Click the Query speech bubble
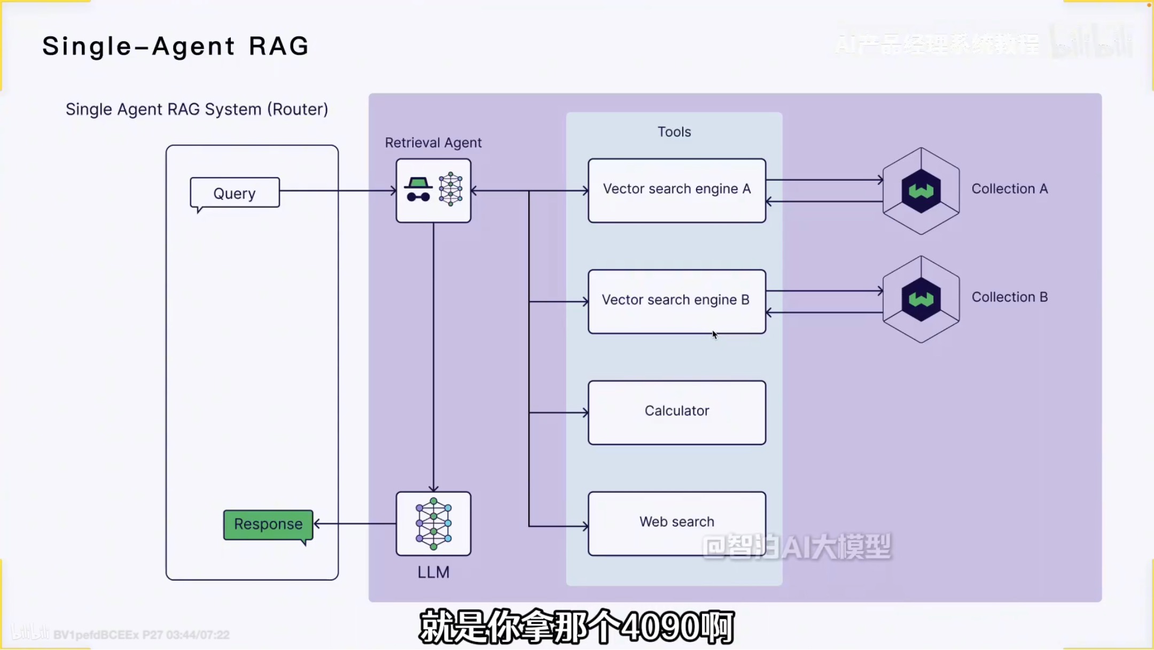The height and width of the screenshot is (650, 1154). pyautogui.click(x=235, y=193)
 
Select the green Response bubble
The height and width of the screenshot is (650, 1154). pyautogui.click(x=268, y=524)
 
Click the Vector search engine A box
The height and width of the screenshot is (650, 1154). pyautogui.click(x=677, y=190)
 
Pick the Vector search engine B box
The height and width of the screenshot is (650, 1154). pyautogui.click(x=677, y=301)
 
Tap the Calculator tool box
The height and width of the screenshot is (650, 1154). pyautogui.click(x=677, y=412)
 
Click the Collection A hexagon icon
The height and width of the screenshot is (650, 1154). pyautogui.click(x=921, y=191)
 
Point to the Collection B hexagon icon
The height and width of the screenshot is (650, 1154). pyautogui.click(x=921, y=299)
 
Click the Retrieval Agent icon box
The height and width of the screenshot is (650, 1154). pyautogui.click(x=433, y=190)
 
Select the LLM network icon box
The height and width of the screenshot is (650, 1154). pyautogui.click(x=433, y=524)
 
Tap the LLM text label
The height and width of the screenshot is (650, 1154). pyautogui.click(x=433, y=572)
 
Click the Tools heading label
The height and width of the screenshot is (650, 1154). pyautogui.click(x=674, y=132)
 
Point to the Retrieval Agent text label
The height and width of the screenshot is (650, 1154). pyautogui.click(x=433, y=143)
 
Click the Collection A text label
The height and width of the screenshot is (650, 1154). pyautogui.click(x=1010, y=189)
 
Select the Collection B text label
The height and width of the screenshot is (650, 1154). pyautogui.click(x=1010, y=297)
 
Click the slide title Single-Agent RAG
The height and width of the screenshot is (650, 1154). pyautogui.click(x=176, y=47)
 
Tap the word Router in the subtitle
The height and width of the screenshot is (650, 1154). pyautogui.click(x=298, y=110)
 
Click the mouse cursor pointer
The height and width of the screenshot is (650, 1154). pyautogui.click(x=715, y=335)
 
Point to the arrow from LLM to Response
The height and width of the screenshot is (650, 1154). pyautogui.click(x=355, y=524)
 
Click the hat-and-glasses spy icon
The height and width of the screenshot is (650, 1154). pyautogui.click(x=418, y=190)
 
